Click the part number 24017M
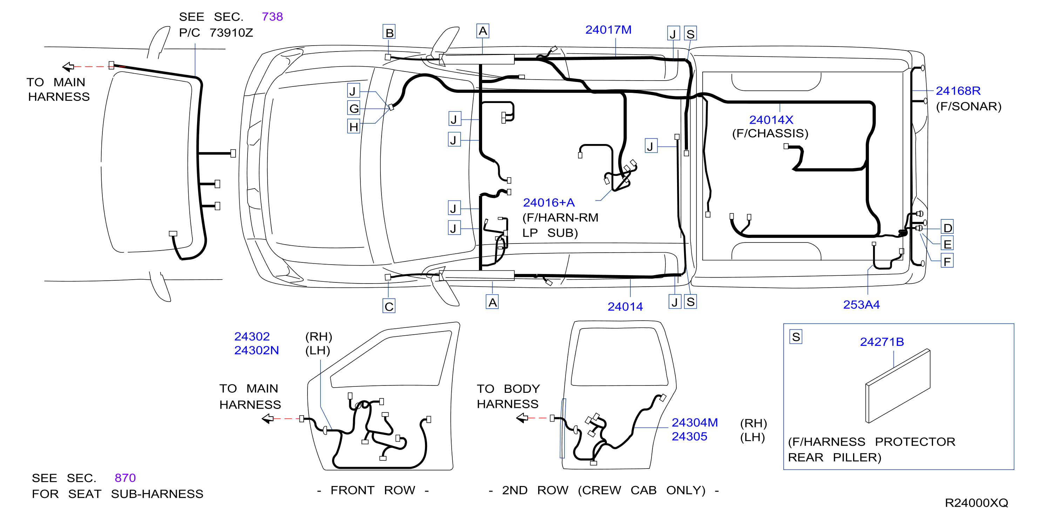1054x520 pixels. coord(608,30)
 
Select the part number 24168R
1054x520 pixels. coord(958,91)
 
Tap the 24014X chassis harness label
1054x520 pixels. coord(771,120)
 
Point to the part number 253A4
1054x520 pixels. coord(861,305)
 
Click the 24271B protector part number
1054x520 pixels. coord(882,342)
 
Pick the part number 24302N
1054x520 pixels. coord(257,350)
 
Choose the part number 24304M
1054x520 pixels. coord(695,422)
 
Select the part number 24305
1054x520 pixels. coord(689,437)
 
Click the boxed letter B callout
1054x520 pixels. coord(389,32)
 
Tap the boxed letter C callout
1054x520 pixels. coord(389,306)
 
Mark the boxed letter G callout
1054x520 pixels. coord(354,108)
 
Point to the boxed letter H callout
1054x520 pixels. coord(354,127)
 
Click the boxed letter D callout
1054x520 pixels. coord(948,228)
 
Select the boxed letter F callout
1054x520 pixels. coord(948,261)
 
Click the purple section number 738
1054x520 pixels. coord(272,17)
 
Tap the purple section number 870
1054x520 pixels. coord(125,478)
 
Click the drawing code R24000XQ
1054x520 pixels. coord(976,503)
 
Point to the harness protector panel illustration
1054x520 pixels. coord(898,386)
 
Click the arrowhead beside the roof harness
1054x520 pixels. coord(68,66)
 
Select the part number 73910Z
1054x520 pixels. coord(231,33)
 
